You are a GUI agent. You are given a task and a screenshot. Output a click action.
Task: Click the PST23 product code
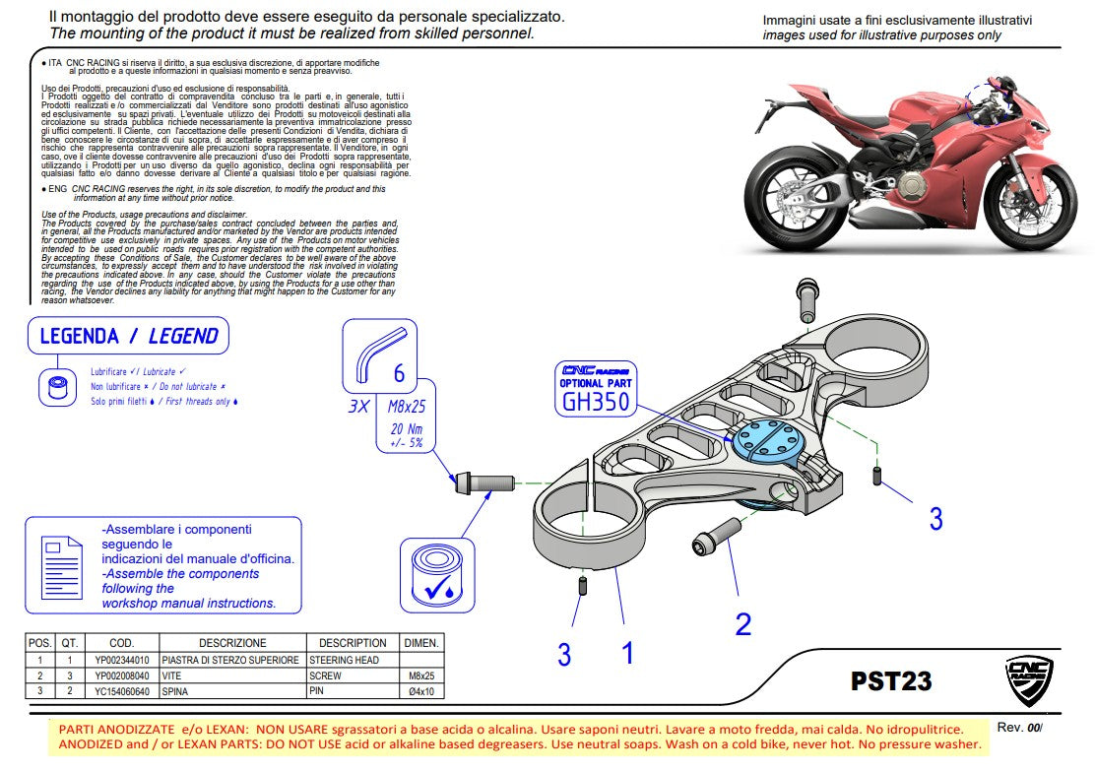pos(890,681)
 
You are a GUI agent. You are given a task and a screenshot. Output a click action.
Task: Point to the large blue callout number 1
pos(627,652)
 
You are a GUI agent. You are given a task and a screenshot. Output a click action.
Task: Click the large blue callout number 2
pos(743,623)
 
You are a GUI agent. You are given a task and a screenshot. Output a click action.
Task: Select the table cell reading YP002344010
pos(122,660)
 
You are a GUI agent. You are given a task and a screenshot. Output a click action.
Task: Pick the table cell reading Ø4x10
pos(421,691)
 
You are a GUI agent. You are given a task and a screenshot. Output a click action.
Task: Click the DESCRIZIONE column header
pos(231,643)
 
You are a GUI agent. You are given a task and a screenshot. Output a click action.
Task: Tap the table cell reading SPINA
pos(176,691)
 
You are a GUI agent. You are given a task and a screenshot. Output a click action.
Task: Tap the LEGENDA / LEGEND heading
pos(128,337)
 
